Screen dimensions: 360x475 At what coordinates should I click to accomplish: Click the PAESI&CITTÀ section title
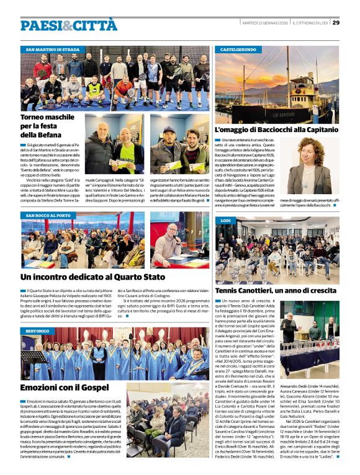click(x=68, y=25)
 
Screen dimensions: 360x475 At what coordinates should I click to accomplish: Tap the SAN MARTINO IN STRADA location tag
click(x=52, y=48)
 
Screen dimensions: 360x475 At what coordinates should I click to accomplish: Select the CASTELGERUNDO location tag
click(x=238, y=48)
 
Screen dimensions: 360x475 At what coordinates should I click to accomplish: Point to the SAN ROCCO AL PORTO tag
click(x=48, y=215)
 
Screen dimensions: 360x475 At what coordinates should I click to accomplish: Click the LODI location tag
click(x=225, y=220)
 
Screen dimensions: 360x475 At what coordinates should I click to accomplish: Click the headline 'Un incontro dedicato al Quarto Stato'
click(x=93, y=277)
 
